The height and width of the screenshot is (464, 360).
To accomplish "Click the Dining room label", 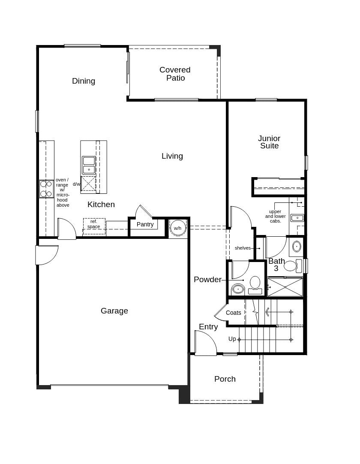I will click(84, 81).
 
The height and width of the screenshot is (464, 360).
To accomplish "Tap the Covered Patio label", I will click(175, 74).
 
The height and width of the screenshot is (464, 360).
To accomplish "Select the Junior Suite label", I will click(269, 142).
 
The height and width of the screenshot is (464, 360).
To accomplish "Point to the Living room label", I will click(172, 156).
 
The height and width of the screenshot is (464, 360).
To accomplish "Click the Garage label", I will click(114, 311).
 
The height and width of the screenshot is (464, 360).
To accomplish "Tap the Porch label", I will click(225, 379).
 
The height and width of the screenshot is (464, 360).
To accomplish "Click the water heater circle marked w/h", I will click(177, 228).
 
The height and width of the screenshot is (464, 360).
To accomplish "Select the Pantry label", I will click(145, 224).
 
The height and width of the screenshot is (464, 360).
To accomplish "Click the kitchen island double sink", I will click(89, 165).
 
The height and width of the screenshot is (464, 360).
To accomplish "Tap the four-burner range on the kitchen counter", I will click(46, 189).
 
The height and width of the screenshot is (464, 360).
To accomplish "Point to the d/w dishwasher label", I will click(76, 184).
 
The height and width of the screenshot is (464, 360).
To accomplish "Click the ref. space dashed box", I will click(94, 226).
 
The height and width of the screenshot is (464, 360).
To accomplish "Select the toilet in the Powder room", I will click(255, 284).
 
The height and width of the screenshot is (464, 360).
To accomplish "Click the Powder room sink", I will click(238, 289).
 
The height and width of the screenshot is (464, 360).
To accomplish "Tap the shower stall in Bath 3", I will click(285, 287).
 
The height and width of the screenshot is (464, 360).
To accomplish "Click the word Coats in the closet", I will click(234, 313).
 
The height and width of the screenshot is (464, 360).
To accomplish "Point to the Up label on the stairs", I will click(232, 339).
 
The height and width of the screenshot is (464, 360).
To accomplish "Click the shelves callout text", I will click(243, 248).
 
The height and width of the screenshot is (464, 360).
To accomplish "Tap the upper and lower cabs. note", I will click(275, 216).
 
